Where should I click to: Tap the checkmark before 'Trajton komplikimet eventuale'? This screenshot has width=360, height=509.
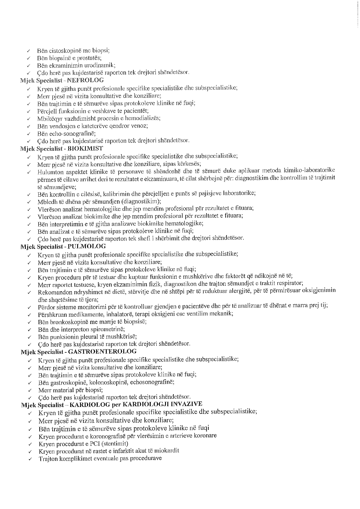tap(30, 459)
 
